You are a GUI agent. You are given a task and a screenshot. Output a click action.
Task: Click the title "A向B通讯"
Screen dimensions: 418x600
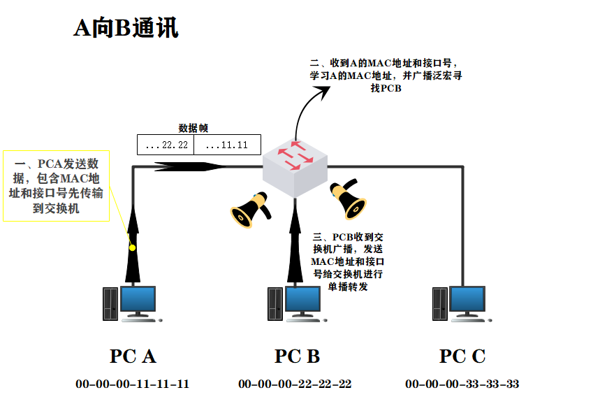pos(126,29)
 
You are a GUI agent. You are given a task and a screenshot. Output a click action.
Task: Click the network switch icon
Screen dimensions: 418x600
pos(295,166)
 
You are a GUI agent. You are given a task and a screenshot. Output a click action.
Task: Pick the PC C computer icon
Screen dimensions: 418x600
pos(461,303)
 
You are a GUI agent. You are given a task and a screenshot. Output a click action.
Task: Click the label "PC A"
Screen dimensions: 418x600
pos(132,356)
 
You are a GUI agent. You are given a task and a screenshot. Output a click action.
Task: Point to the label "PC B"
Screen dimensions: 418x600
pos(297,356)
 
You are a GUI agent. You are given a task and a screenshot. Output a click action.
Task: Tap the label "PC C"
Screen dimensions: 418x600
pos(462,356)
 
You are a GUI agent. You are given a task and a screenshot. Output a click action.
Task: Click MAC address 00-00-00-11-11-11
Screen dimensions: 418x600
pos(132,384)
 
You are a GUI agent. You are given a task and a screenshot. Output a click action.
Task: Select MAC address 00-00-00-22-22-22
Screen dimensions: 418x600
pos(295,384)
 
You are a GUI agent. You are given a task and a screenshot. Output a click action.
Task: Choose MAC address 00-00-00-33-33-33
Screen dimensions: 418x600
pos(462,384)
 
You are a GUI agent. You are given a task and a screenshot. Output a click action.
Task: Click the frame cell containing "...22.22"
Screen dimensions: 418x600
pos(165,145)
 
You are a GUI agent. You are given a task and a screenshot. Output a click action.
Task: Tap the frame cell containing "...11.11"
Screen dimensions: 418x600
pos(227,145)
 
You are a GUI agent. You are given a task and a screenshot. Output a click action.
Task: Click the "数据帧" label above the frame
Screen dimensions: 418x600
pos(193,128)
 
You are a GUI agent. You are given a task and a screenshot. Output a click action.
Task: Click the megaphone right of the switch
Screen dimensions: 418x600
pos(348,199)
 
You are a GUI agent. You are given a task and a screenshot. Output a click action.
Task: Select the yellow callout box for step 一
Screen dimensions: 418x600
pos(57,185)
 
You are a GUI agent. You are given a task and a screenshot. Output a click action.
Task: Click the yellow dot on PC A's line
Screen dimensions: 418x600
pos(131,247)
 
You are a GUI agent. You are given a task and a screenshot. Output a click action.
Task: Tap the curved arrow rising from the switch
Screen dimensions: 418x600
pos(305,105)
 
